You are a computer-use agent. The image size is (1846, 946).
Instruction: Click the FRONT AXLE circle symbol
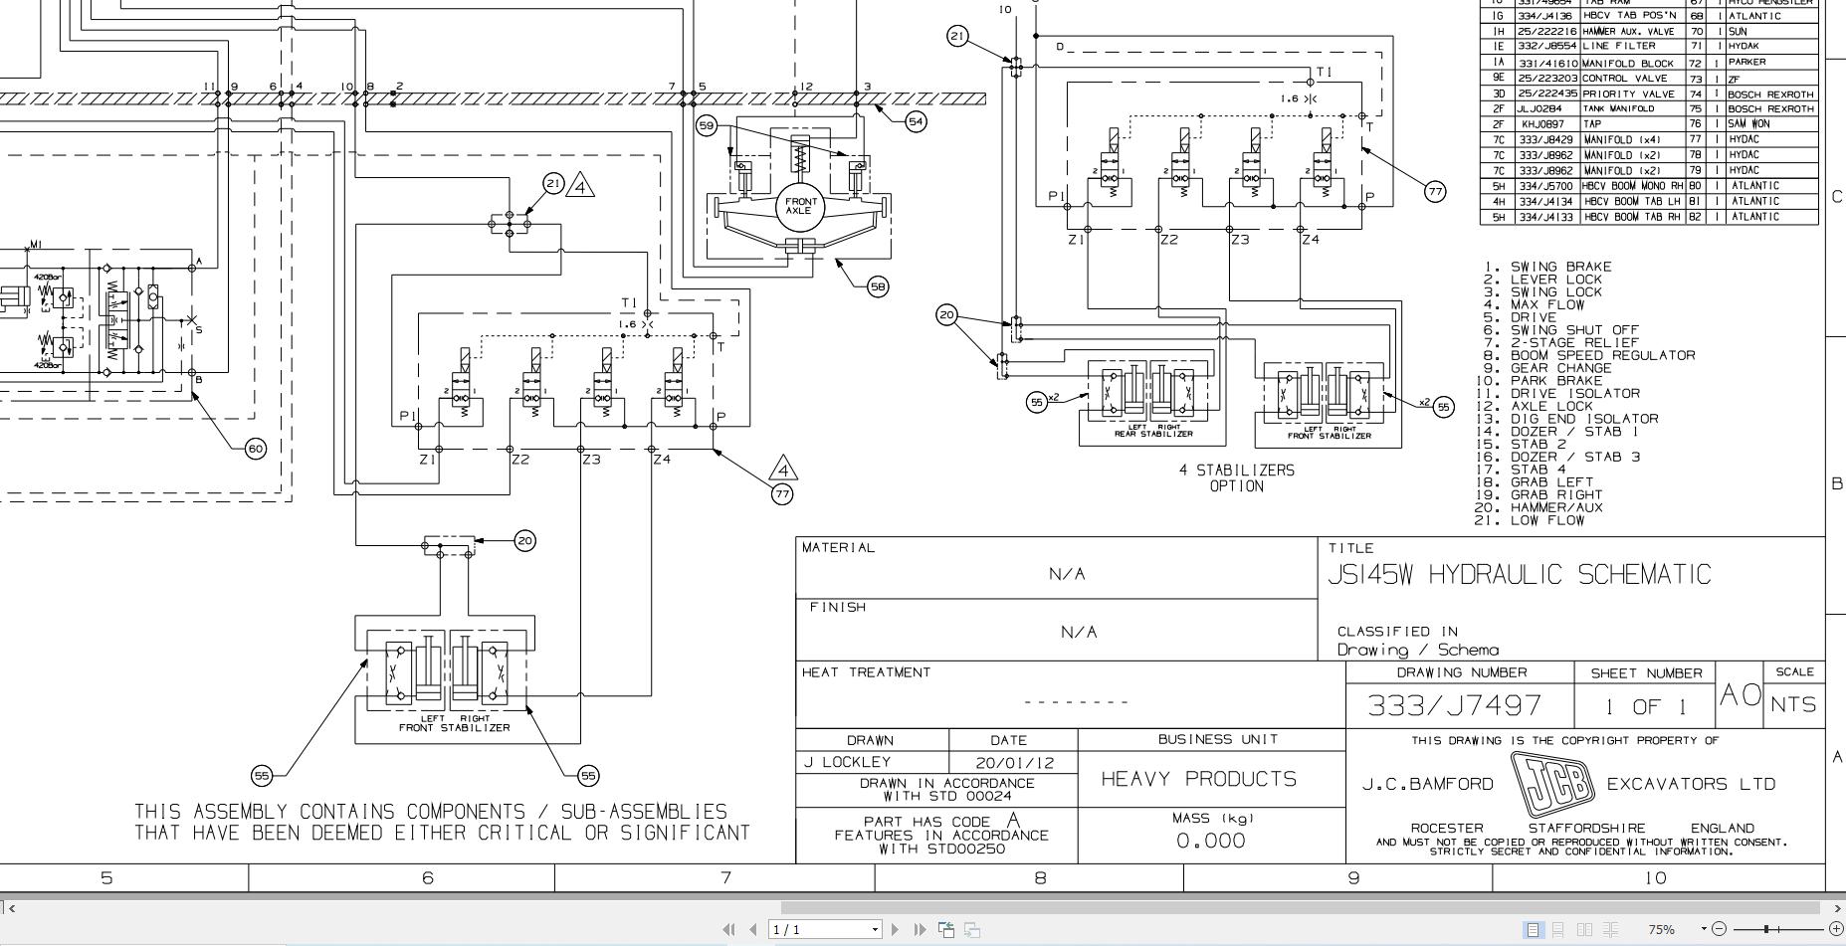point(800,206)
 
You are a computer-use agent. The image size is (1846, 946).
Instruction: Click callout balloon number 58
point(877,286)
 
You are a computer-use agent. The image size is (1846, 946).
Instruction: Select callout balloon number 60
point(256,449)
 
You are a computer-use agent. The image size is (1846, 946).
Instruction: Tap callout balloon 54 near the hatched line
point(916,121)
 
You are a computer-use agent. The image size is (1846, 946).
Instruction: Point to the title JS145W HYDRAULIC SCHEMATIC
point(1520,575)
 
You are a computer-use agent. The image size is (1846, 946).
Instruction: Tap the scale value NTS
point(1793,704)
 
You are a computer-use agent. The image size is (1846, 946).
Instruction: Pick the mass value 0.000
point(1210,841)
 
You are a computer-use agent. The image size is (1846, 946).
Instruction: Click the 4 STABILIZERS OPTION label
point(1237,477)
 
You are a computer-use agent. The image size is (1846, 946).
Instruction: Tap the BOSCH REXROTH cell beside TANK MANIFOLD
point(1770,109)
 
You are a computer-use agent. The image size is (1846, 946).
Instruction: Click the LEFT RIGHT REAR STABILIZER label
point(1153,431)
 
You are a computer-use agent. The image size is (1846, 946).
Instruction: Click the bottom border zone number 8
point(1040,877)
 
